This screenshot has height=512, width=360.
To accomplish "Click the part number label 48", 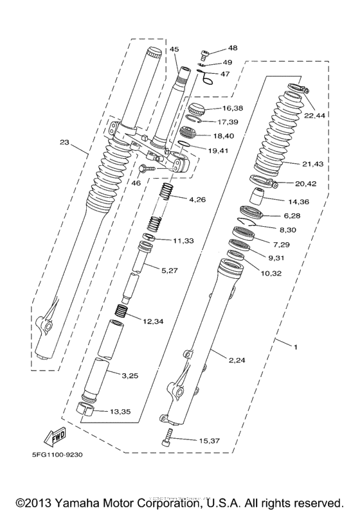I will tap(232, 48).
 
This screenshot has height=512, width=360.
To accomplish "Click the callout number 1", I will tap(295, 348).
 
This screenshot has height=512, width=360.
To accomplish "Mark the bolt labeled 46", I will tap(145, 169).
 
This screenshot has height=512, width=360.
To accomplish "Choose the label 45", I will tap(174, 49).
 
